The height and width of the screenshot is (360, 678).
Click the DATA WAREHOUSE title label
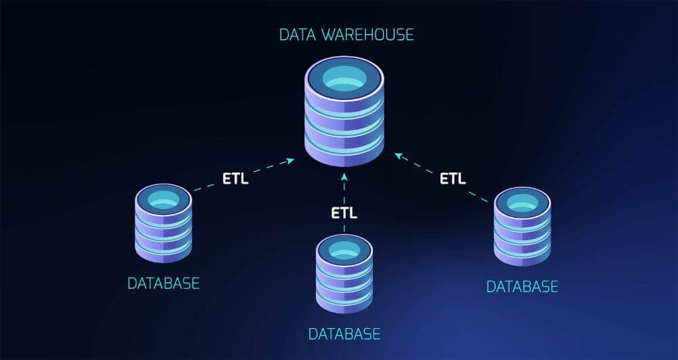pyautogui.click(x=346, y=33)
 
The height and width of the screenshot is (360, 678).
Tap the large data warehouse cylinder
pyautogui.click(x=344, y=112)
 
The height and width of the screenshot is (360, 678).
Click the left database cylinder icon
pyautogui.click(x=163, y=223)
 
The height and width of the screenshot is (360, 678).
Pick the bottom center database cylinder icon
pyautogui.click(x=344, y=274)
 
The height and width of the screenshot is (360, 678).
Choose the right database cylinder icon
pyautogui.click(x=522, y=226)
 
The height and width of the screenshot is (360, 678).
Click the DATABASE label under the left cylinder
pyautogui.click(x=163, y=283)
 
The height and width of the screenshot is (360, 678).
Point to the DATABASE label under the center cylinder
pyautogui.click(x=344, y=334)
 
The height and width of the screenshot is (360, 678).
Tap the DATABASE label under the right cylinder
pyautogui.click(x=522, y=286)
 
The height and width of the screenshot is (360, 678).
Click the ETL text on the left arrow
pyautogui.click(x=235, y=179)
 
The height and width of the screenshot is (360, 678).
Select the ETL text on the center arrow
pyautogui.click(x=344, y=212)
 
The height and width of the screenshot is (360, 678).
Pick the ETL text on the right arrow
pyautogui.click(x=453, y=179)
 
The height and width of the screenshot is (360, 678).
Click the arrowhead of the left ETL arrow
pyautogui.click(x=290, y=161)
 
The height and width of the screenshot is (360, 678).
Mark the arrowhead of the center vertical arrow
pyautogui.click(x=344, y=177)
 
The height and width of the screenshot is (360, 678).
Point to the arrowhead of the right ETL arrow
pyautogui.click(x=398, y=155)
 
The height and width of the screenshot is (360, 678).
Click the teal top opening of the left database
pyautogui.click(x=163, y=199)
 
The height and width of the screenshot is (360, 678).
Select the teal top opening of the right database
pyautogui.click(x=522, y=202)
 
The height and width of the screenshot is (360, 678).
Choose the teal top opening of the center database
pyautogui.click(x=344, y=249)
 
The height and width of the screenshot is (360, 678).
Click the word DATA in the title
pyautogui.click(x=296, y=33)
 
